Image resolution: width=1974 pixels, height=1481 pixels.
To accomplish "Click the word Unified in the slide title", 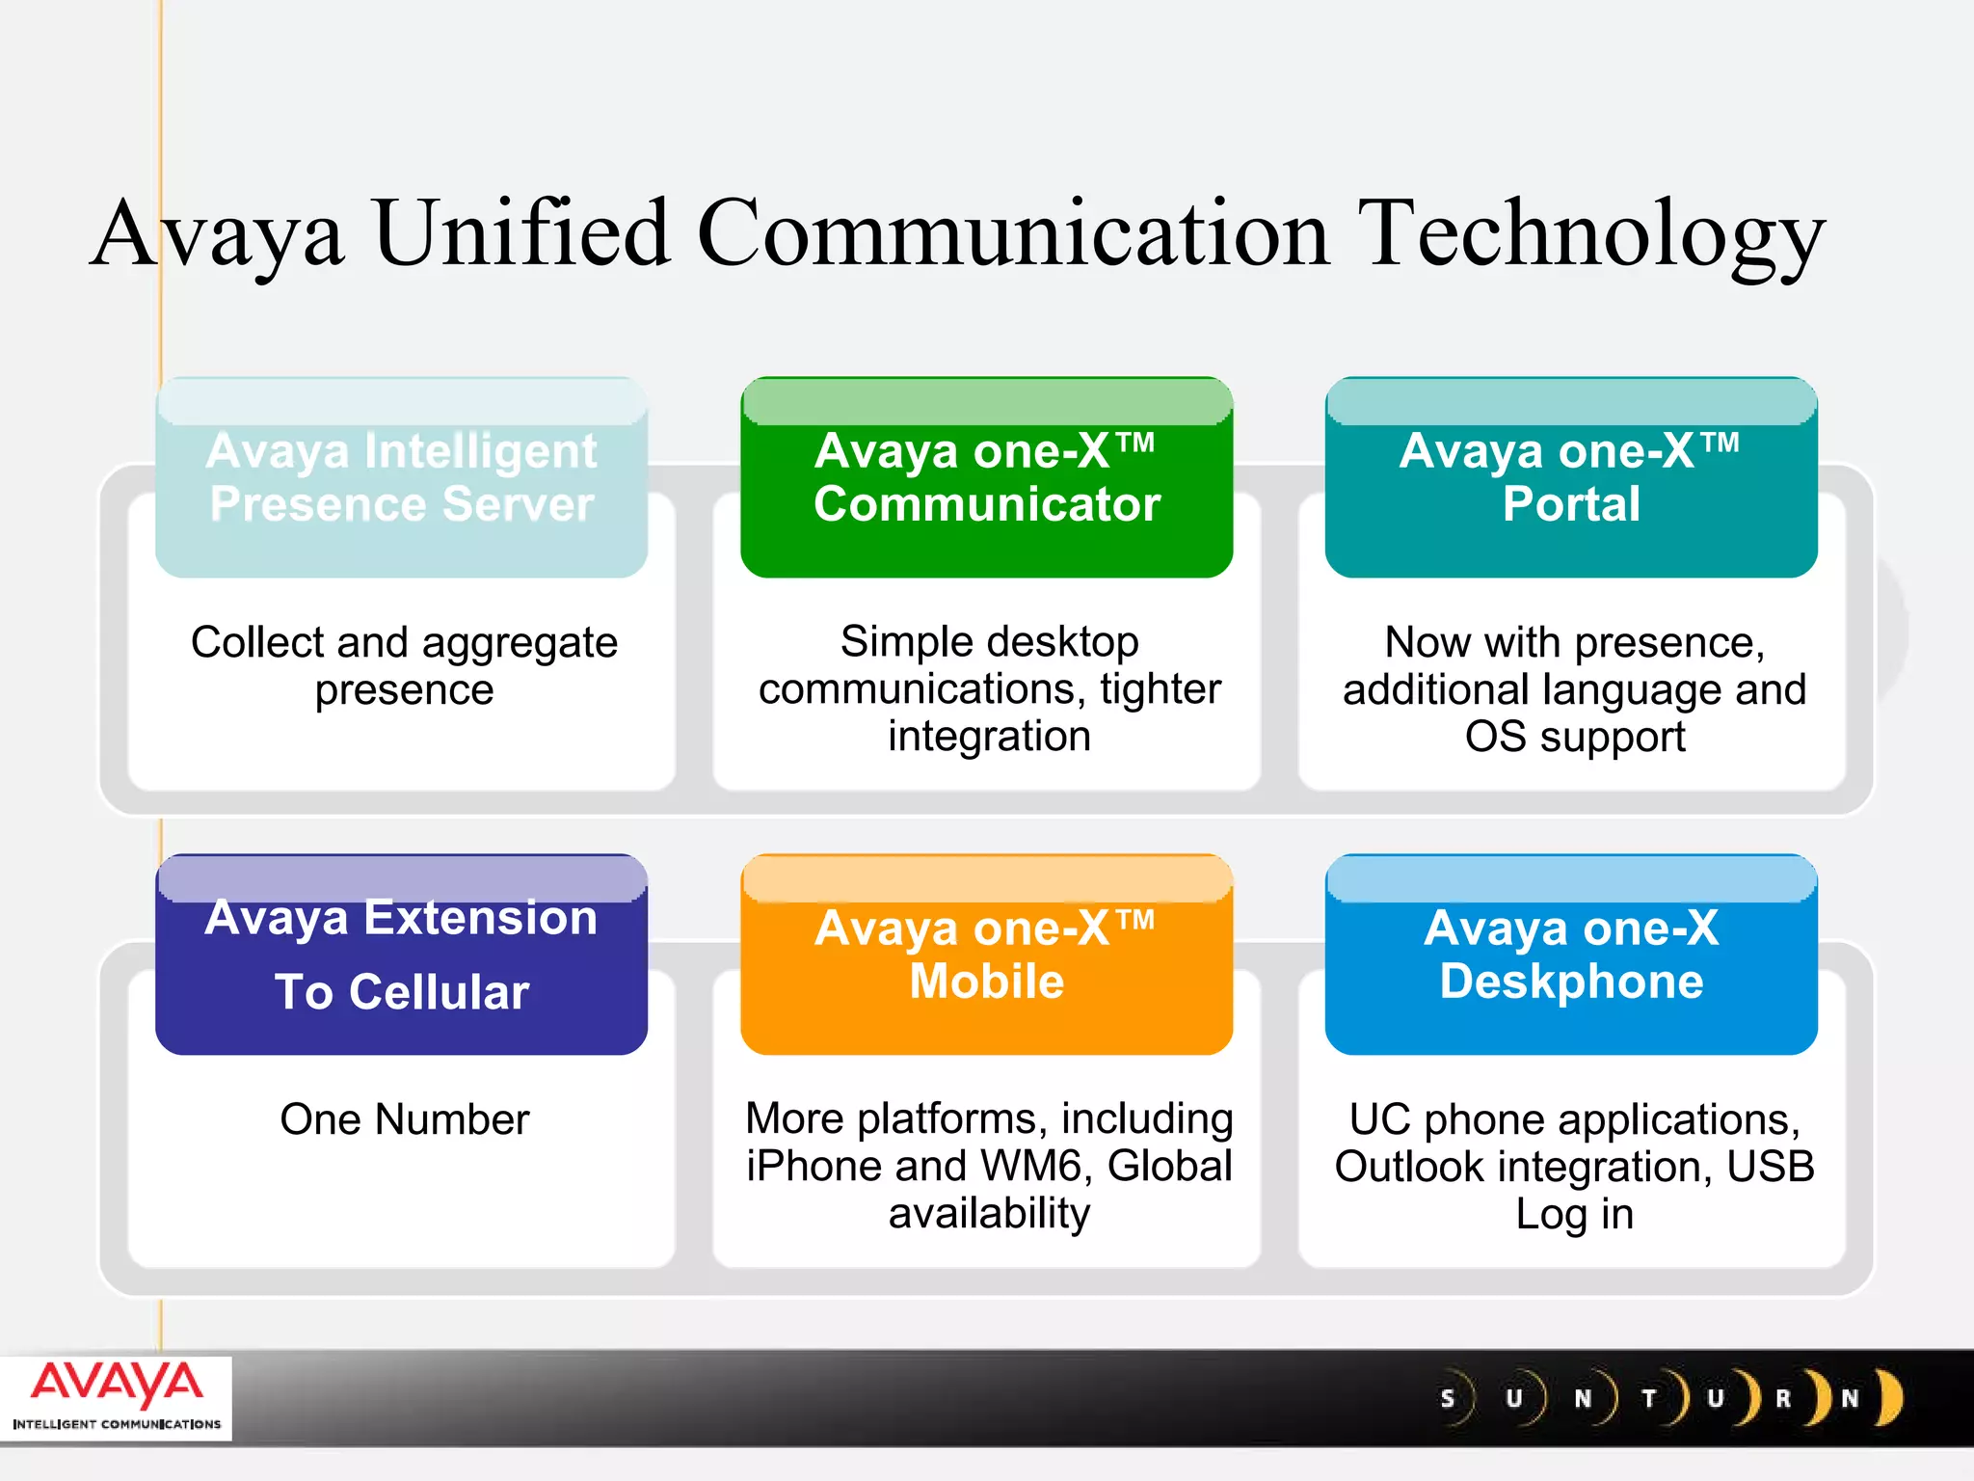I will tap(520, 234).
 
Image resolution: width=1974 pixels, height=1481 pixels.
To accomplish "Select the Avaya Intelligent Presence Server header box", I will tap(401, 478).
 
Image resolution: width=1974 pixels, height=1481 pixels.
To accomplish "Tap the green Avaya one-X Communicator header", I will tap(986, 478).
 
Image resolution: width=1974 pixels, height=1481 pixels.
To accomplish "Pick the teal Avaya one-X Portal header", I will tap(1571, 478).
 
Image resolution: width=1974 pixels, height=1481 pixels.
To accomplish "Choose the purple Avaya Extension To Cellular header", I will tap(401, 956).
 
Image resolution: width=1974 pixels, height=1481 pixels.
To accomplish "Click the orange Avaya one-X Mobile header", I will tap(986, 956).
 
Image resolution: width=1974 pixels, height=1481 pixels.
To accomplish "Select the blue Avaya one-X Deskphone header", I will tap(1571, 956).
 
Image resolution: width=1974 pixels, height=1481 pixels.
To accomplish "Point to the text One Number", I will tap(405, 1120).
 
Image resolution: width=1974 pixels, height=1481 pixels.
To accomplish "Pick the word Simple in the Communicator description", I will tap(897, 642).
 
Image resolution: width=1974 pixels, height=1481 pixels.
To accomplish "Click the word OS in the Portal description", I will tap(1495, 738).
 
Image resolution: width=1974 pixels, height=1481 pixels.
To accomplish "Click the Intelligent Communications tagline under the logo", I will tap(117, 1424).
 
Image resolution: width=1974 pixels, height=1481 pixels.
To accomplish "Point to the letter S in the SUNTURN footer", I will tap(1447, 1399).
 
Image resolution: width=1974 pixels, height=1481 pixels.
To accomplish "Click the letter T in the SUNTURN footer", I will tap(1649, 1399).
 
